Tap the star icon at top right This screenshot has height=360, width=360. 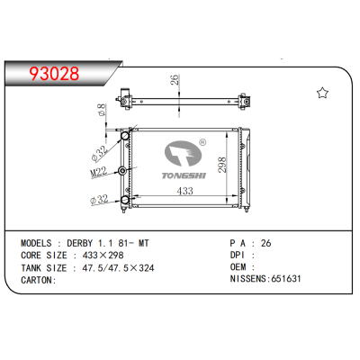coord(320,93)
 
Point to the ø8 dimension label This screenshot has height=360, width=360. coord(101,111)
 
